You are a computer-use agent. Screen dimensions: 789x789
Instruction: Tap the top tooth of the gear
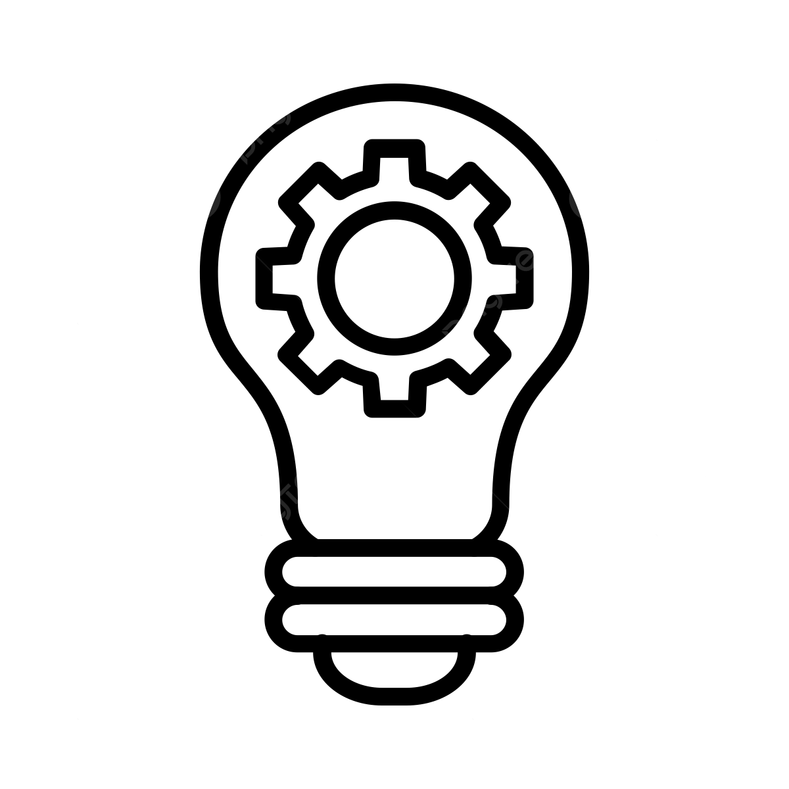[393, 153]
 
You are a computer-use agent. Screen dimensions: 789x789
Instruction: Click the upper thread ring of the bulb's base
[393, 570]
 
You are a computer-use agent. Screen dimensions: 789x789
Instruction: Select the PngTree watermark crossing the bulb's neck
[286, 500]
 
